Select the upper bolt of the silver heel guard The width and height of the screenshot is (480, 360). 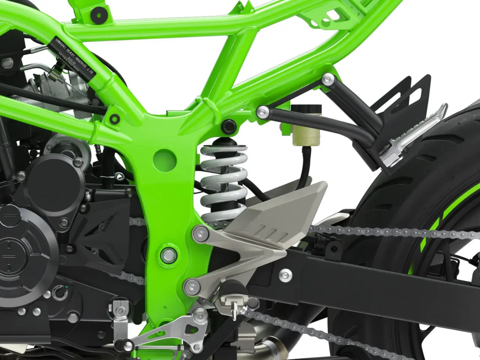point(201,234)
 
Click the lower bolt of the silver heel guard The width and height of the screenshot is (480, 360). point(192,287)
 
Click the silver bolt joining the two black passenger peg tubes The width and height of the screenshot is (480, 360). point(262,111)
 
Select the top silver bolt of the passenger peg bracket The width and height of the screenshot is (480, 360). point(328,79)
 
